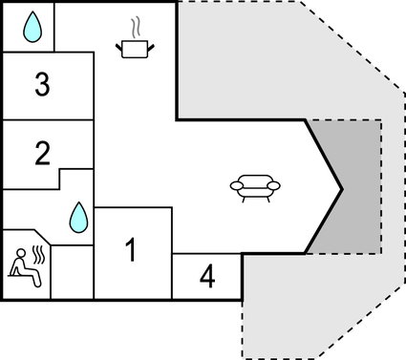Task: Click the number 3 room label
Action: (41, 85)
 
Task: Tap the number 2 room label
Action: (41, 153)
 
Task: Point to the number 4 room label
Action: (207, 278)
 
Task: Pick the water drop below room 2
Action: (78, 218)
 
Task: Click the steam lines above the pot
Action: (135, 25)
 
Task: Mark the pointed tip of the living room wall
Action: (341, 186)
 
